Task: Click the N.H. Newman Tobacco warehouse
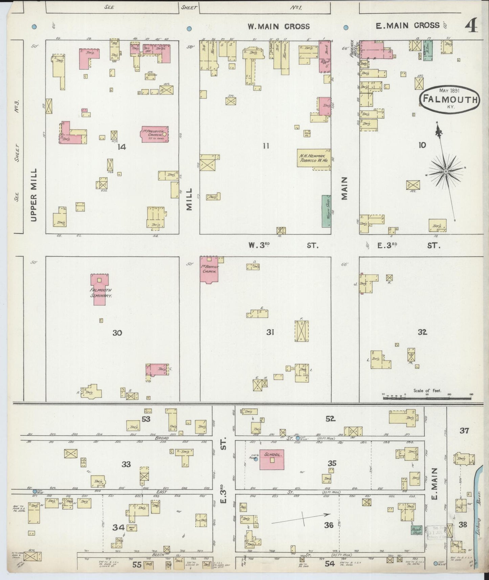[314, 158]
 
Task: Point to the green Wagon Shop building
[326, 211]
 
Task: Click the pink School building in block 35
[272, 460]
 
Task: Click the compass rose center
[446, 172]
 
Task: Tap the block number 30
[117, 333]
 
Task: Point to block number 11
[266, 146]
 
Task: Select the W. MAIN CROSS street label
[278, 26]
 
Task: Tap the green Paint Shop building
[416, 531]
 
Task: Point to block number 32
[422, 332]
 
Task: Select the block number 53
[146, 419]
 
